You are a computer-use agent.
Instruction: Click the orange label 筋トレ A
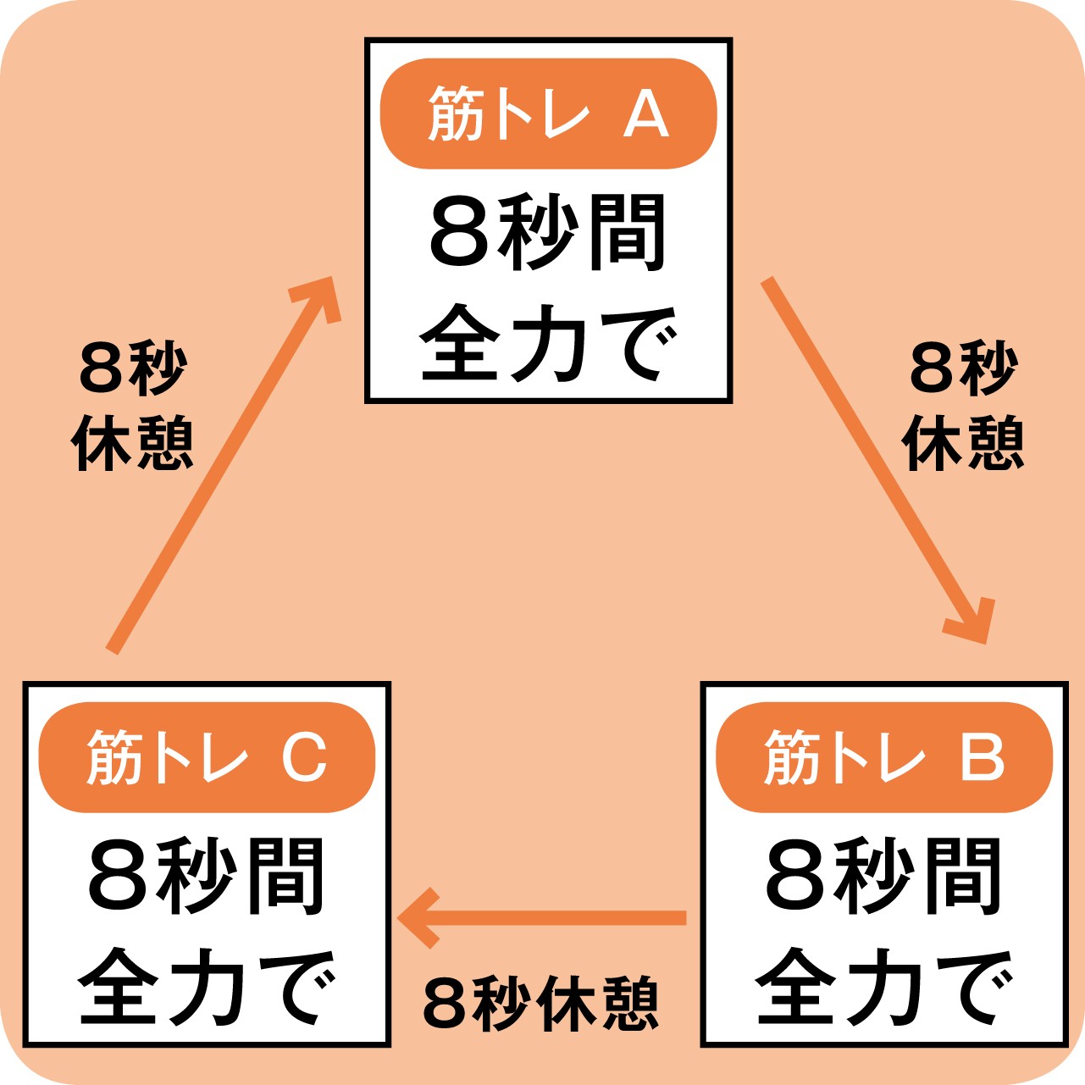pos(548,113)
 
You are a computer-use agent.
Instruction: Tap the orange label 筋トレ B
pos(884,757)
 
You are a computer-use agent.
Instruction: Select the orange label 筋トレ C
pos(207,757)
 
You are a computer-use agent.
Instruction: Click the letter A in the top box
pos(646,115)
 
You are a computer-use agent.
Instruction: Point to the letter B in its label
pos(982,757)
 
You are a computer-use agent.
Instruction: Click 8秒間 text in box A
pos(548,233)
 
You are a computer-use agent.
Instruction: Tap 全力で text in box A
pos(548,344)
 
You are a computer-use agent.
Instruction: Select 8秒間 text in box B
pos(884,876)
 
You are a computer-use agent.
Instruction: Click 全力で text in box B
pos(884,987)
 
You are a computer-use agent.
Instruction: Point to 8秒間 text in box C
pos(207,876)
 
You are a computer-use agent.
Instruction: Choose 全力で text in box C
pos(207,987)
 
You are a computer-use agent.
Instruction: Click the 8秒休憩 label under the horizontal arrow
pos(540,1004)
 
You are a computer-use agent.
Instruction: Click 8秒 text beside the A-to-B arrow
pos(963,369)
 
